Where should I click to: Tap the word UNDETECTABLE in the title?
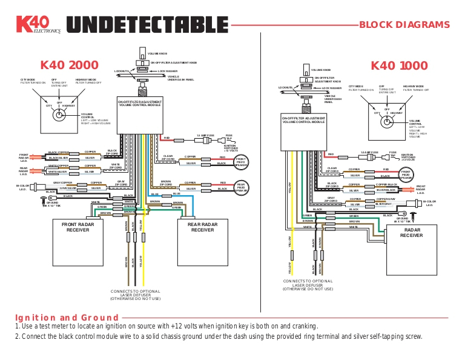(145, 25)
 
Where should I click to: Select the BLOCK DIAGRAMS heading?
(404, 25)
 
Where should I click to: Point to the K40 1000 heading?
(398, 65)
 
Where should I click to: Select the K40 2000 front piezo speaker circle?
(241, 161)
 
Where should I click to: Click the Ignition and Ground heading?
(67, 318)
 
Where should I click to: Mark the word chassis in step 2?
(205, 337)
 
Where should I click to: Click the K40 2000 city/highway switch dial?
(59, 112)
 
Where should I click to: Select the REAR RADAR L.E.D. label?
(24, 171)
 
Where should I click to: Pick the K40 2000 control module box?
(139, 115)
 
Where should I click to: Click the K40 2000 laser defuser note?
(135, 295)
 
